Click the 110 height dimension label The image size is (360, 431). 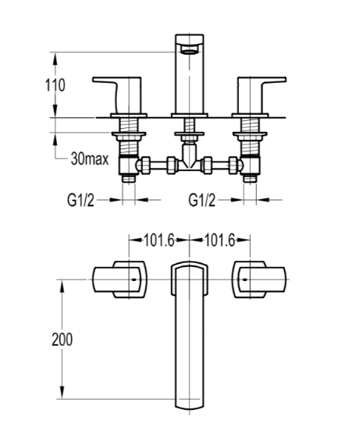(55, 85)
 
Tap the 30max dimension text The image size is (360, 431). (90, 159)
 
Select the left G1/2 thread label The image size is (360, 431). (80, 200)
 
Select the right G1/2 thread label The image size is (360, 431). (202, 200)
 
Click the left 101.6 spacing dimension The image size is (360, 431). (159, 240)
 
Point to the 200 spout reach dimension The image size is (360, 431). (62, 340)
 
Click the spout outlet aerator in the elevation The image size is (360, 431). (190, 50)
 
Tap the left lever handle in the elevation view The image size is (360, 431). (117, 95)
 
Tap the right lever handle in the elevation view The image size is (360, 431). (262, 95)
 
